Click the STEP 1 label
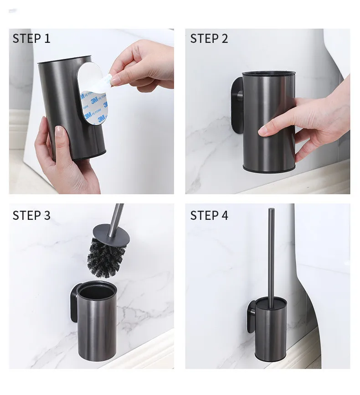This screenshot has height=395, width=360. click(31, 38)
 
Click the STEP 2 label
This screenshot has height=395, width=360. click(209, 38)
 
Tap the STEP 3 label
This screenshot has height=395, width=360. click(31, 215)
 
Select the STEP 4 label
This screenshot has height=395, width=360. click(209, 215)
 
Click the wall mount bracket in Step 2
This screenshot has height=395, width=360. click(237, 105)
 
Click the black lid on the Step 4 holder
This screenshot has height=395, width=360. click(271, 302)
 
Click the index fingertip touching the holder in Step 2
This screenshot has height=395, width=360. click(262, 132)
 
